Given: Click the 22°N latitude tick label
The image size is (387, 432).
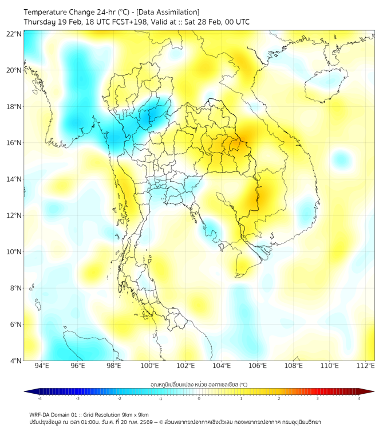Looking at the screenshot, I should [x=14, y=34].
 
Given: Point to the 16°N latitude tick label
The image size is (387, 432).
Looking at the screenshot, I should [x=14, y=143].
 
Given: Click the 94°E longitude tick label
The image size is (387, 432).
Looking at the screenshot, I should [x=42, y=366].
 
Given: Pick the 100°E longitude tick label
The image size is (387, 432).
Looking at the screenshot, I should [x=150, y=366].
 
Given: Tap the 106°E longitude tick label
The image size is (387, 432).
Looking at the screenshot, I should [x=258, y=366].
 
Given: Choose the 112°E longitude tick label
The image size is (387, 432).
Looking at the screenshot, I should [x=366, y=366].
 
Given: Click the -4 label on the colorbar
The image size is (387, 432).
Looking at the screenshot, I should [x=40, y=398].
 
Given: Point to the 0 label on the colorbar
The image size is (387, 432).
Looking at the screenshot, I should [x=199, y=398].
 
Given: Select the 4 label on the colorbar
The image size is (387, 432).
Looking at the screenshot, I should [x=359, y=398].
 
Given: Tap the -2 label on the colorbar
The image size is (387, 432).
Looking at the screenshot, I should [x=119, y=398].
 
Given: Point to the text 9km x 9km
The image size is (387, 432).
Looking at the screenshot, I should [x=133, y=414].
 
